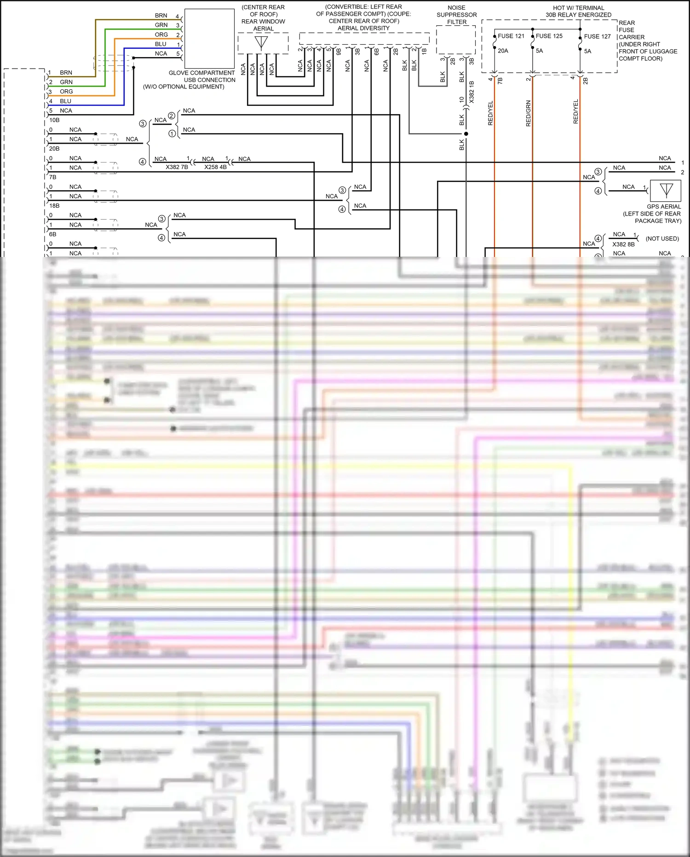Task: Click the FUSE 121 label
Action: (x=511, y=36)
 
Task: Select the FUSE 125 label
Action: (x=549, y=36)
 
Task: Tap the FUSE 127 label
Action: (x=597, y=36)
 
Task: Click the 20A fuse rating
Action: (x=503, y=51)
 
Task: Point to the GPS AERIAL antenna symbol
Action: (x=666, y=190)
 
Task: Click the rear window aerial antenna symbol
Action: (x=261, y=43)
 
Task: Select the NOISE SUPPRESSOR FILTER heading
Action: (x=456, y=15)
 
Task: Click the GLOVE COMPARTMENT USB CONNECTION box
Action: (x=209, y=39)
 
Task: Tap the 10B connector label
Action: (x=54, y=120)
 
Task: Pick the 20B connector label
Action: (x=54, y=149)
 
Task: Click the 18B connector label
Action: (x=54, y=206)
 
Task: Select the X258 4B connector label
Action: (x=215, y=167)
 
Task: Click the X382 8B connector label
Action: (x=623, y=245)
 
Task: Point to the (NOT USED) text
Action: (x=662, y=239)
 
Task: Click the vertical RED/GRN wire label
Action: (x=528, y=113)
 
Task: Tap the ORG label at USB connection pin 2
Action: (x=161, y=35)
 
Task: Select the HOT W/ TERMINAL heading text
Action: (x=578, y=8)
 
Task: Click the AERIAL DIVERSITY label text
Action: (x=363, y=28)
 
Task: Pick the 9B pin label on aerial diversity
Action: (x=339, y=52)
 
